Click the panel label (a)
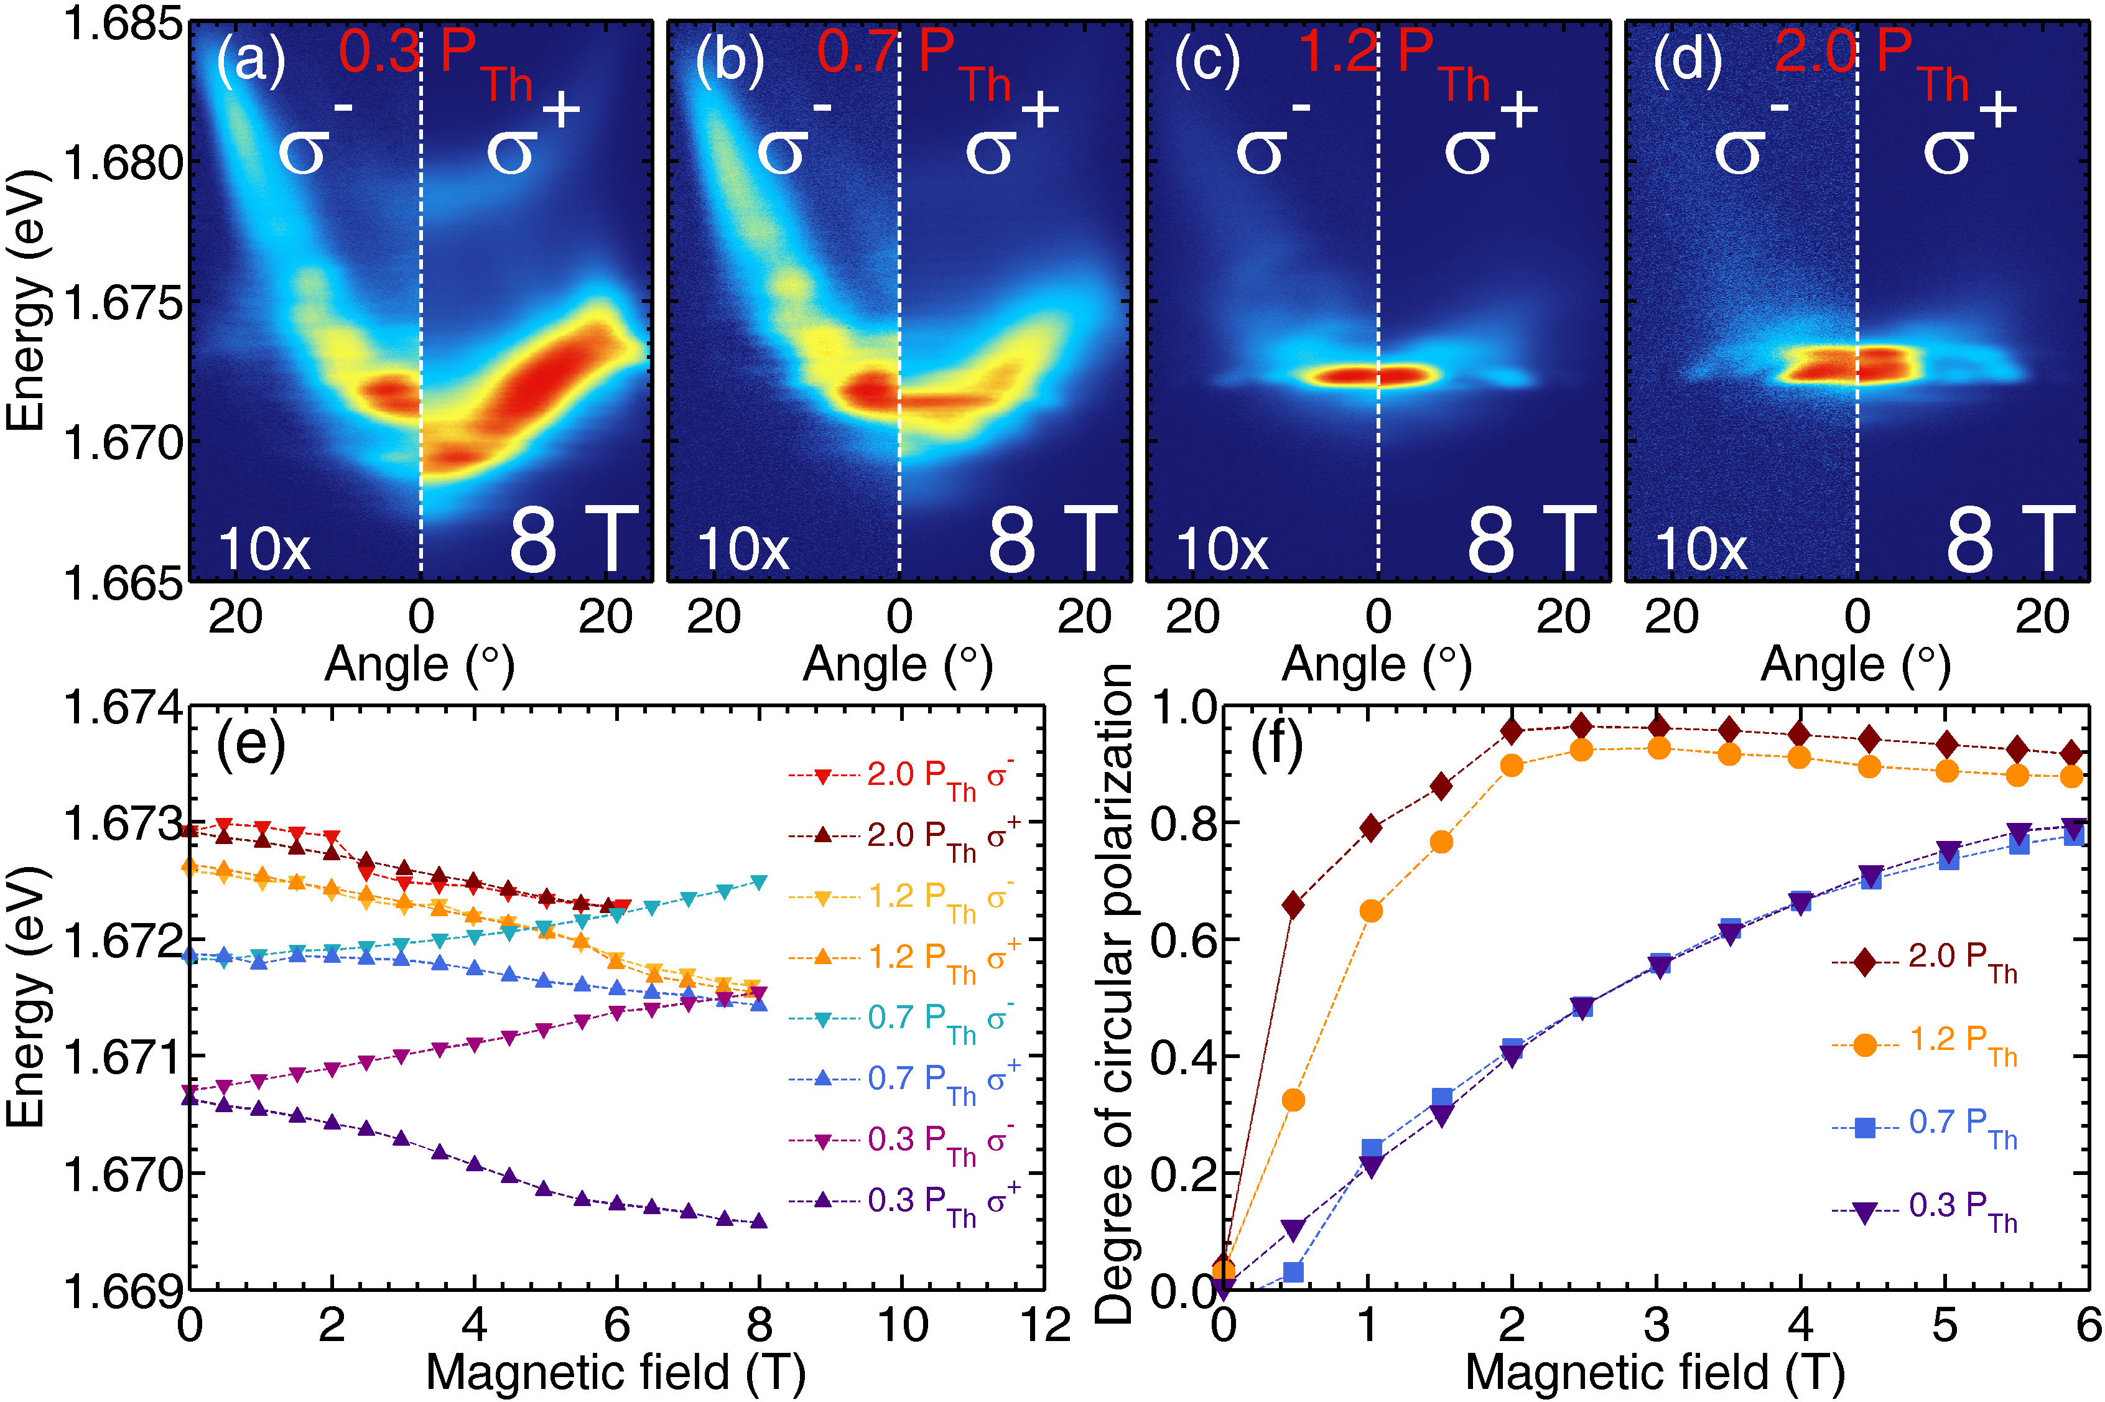pyautogui.click(x=251, y=61)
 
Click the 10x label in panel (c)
pyautogui.click(x=1222, y=548)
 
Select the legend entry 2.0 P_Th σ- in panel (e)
pyautogui.click(x=939, y=775)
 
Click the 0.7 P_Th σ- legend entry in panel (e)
pyautogui.click(x=939, y=1018)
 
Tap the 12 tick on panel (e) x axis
pyautogui.click(x=1044, y=1324)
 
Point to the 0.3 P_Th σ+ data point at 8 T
pyautogui.click(x=759, y=1222)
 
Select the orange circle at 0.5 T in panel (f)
pyautogui.click(x=1293, y=1100)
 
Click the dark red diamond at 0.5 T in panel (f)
pyautogui.click(x=1293, y=906)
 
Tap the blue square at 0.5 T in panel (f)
pyautogui.click(x=1293, y=1271)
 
